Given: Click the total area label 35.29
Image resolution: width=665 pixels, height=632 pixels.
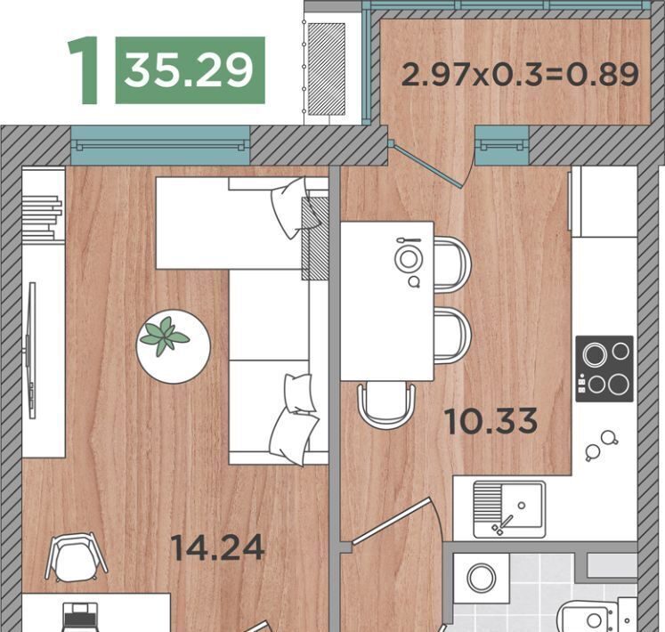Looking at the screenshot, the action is [189, 71].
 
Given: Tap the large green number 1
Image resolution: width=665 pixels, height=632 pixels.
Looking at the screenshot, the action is [84, 70].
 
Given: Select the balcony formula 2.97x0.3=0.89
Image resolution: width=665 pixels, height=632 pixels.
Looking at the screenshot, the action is [520, 74].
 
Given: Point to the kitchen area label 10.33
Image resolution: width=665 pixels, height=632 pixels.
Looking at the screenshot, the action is [491, 421].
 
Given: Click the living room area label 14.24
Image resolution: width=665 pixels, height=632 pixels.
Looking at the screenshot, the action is [217, 547].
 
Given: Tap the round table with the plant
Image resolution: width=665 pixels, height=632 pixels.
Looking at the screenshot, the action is [173, 346].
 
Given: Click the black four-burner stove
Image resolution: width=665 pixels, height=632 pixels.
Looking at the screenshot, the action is [604, 369].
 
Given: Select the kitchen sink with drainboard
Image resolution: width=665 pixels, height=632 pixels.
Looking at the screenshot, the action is [509, 509].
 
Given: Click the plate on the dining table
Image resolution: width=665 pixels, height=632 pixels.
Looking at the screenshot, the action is [409, 258].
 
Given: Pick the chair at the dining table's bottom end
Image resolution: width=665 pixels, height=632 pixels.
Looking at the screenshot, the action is [385, 404].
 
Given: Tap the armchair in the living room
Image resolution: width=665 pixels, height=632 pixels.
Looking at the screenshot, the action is [77, 556].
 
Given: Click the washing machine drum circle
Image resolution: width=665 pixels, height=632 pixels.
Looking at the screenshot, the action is [482, 578].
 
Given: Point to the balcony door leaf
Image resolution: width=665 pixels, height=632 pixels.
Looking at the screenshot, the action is [426, 166].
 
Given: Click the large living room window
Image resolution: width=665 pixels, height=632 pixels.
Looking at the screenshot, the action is [160, 145].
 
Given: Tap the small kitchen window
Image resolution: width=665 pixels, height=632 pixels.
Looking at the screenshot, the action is [502, 145].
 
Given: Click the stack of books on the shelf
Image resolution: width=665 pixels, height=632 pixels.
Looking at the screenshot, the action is [42, 217].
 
